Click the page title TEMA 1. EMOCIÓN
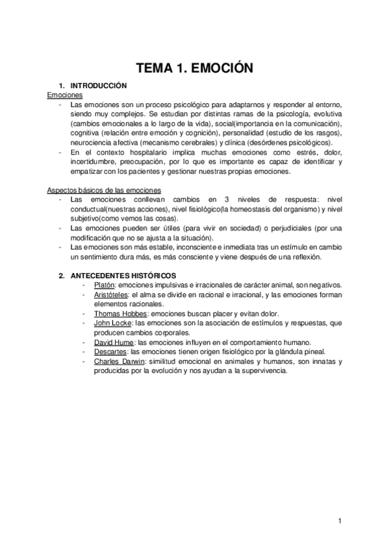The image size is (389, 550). [x=194, y=67]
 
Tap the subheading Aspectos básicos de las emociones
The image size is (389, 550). [x=94, y=190]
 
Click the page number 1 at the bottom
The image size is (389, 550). [x=340, y=521]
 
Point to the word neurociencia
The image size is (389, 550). [x=88, y=142]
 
